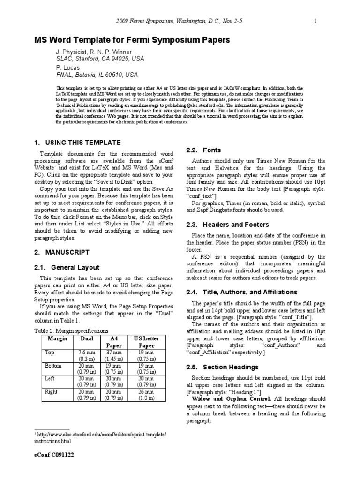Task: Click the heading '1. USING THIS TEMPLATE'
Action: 77,142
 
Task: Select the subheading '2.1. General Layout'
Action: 67,267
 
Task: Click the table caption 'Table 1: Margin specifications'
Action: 72,330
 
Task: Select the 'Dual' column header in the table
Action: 87,338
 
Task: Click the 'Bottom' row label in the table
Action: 53,365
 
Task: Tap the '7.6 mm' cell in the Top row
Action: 87,352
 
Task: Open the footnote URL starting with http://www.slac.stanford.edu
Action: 102,435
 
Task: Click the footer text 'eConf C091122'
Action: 53,455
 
